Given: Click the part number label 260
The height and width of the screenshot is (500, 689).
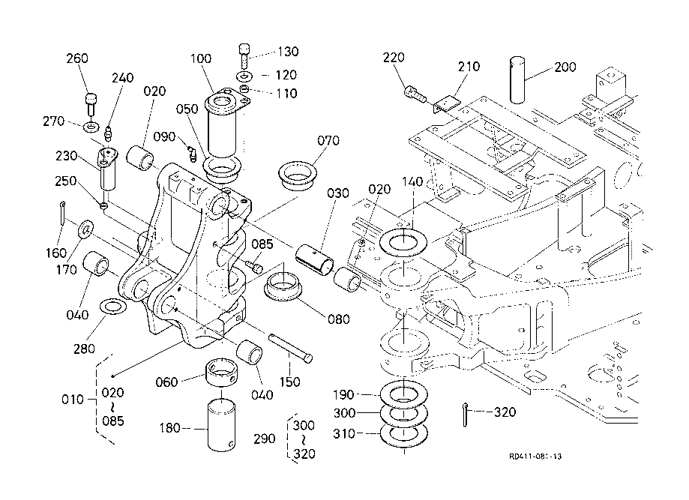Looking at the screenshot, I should (x=77, y=58).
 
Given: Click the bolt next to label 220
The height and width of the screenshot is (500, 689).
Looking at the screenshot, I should (x=414, y=94).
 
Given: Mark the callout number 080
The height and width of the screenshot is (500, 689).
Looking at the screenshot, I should (x=338, y=319).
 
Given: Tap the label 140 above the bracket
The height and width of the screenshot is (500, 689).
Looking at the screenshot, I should (x=413, y=181).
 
